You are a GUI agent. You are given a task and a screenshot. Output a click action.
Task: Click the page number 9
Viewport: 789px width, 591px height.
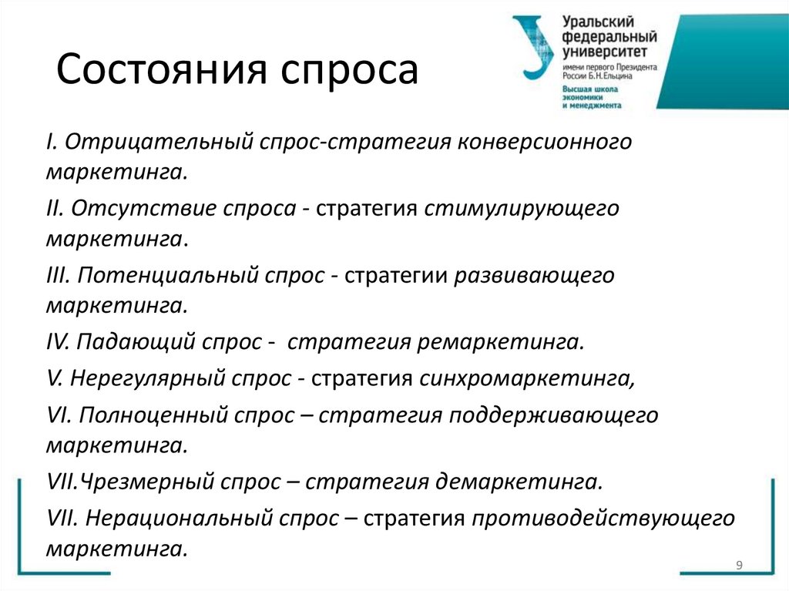(x=739, y=566)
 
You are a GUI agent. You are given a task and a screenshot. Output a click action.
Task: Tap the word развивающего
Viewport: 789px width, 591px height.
(x=532, y=275)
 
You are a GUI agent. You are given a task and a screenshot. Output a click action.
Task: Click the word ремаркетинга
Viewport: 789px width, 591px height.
(x=501, y=341)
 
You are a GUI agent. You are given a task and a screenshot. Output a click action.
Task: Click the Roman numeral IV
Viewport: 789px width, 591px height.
(x=58, y=341)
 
